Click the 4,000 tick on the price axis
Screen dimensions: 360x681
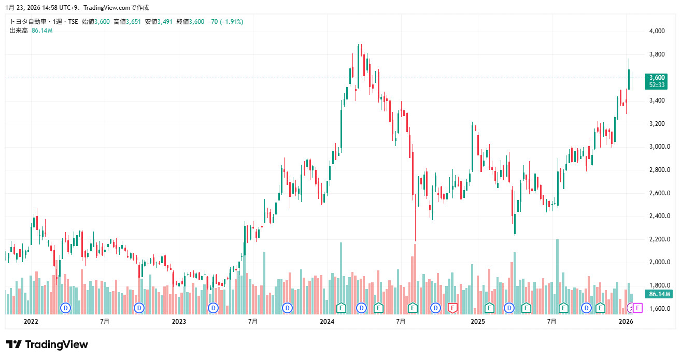click(x=657, y=31)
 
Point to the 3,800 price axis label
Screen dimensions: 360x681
click(x=657, y=54)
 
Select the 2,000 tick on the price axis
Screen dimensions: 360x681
click(x=657, y=262)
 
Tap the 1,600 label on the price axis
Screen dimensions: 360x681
click(x=657, y=309)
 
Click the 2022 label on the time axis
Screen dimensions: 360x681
click(x=31, y=322)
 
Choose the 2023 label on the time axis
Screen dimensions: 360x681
click(x=179, y=322)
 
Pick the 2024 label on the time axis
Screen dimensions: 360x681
click(x=327, y=322)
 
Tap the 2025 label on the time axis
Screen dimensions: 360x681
click(x=477, y=322)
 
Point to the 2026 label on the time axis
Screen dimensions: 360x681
click(x=626, y=322)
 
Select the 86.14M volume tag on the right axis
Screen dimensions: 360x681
click(x=658, y=294)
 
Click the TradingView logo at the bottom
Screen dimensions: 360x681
click(x=47, y=345)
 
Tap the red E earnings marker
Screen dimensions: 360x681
click(x=452, y=308)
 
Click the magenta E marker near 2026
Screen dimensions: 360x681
click(x=638, y=308)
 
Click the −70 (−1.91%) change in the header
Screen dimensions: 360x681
click(x=225, y=22)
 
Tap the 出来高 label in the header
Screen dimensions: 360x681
click(x=19, y=31)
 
